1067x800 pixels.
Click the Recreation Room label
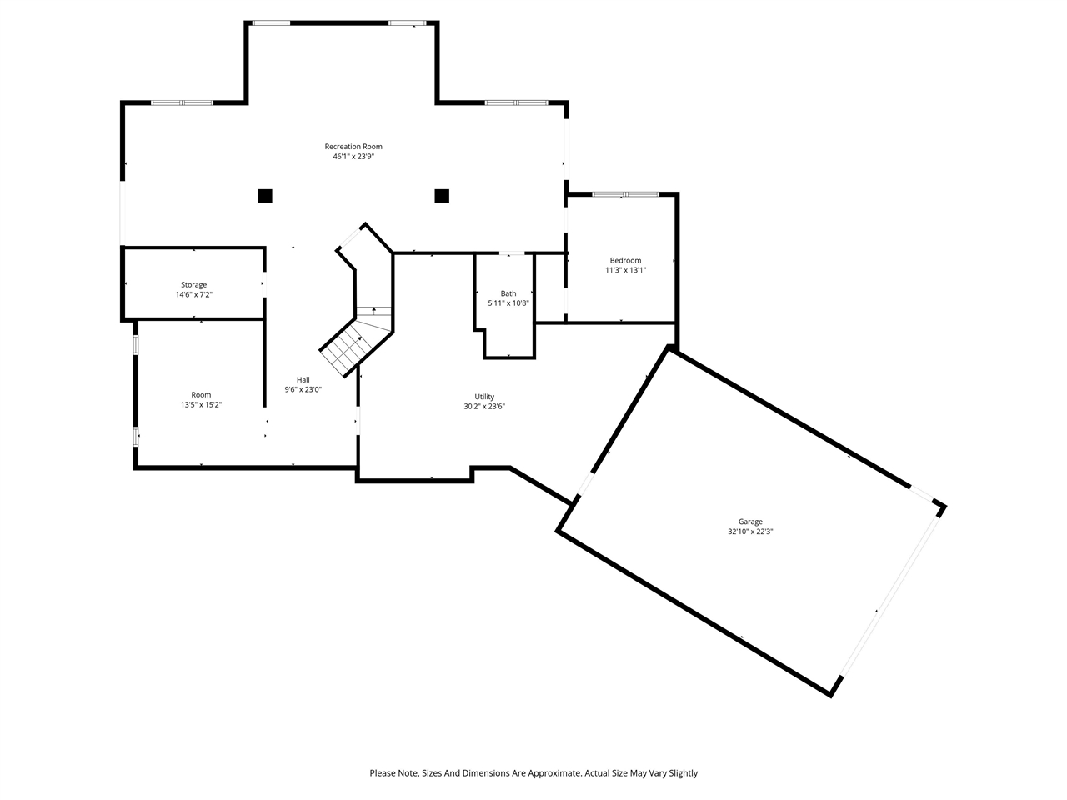click(x=353, y=146)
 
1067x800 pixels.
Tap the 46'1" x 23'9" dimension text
click(x=353, y=157)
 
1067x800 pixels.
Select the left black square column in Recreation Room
click(x=265, y=196)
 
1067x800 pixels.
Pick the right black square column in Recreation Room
click(x=442, y=196)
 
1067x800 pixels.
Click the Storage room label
click(x=194, y=285)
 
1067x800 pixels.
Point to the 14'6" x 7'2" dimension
click(x=194, y=294)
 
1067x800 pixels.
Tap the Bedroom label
click(x=626, y=260)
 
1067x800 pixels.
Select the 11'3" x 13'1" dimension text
click(x=626, y=270)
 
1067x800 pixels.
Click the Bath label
click(x=508, y=293)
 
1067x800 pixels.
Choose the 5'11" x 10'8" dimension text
click(x=508, y=303)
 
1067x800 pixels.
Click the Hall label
click(x=303, y=380)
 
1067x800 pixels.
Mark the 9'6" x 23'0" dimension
click(x=303, y=389)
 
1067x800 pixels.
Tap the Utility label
click(x=484, y=397)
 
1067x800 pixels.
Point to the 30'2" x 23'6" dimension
click(x=484, y=407)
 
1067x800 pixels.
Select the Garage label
click(x=750, y=522)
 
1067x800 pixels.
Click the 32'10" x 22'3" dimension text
click(x=750, y=532)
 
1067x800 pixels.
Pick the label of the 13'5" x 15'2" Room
click(x=201, y=395)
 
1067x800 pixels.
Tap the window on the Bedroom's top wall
click(x=626, y=194)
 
